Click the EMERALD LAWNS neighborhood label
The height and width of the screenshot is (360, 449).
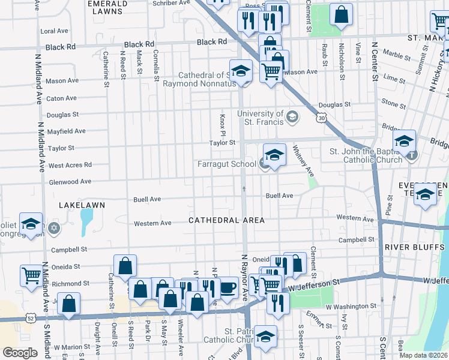point(107,7)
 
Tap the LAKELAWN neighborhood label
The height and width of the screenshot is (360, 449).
point(82,205)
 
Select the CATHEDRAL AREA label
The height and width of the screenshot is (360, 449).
point(226,220)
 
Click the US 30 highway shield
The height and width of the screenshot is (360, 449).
point(322,119)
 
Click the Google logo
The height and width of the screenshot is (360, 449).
point(20,353)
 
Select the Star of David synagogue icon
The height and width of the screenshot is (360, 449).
point(55,228)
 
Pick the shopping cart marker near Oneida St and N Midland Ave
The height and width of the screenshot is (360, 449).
point(31,275)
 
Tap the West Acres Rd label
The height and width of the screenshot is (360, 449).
point(70,165)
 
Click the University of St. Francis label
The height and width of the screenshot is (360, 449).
point(261,118)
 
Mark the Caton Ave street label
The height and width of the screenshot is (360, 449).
point(62,98)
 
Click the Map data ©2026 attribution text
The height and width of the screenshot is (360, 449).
point(424,355)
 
